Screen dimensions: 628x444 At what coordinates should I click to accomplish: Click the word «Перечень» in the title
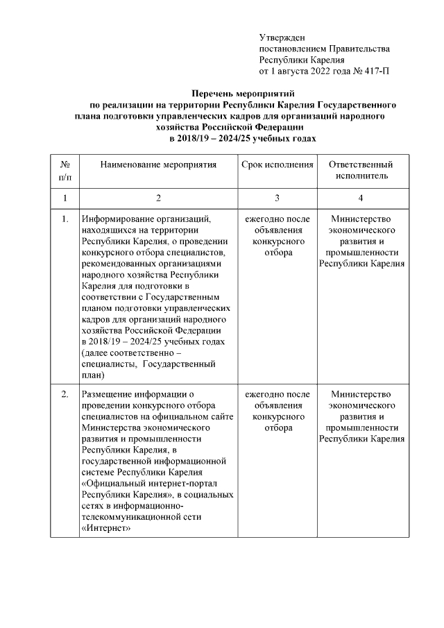(x=216, y=93)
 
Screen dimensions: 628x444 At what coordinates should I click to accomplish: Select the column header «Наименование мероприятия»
(x=158, y=165)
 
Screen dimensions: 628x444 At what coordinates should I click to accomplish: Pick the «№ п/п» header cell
(x=65, y=171)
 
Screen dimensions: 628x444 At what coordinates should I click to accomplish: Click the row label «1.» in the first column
(x=65, y=220)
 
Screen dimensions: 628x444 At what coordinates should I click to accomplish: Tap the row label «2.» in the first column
(x=65, y=395)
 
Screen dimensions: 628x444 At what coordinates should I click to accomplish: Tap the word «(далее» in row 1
(x=95, y=353)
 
